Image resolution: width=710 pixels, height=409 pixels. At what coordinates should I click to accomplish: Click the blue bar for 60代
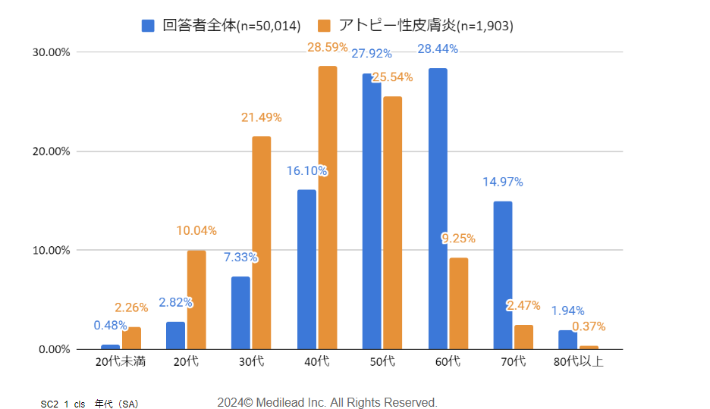coord(438,208)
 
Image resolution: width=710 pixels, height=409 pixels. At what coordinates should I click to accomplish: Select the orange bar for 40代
coord(328,208)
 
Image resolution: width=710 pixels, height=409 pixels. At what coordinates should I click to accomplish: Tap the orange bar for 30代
coord(262,242)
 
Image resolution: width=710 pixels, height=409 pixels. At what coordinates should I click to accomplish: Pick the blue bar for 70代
coord(503,275)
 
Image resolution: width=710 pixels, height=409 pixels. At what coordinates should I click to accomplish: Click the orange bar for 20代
coord(196,299)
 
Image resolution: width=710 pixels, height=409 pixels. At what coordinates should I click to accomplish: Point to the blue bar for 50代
coord(372,211)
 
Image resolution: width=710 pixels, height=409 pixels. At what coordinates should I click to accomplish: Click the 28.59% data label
coord(328,47)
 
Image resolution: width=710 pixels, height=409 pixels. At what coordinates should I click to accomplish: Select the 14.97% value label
coord(503,182)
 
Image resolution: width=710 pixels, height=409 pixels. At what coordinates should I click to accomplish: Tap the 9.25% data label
coord(458,239)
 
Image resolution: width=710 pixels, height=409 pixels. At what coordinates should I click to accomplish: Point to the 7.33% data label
coord(240,258)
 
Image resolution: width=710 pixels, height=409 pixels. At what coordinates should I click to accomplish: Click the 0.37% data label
coord(589,326)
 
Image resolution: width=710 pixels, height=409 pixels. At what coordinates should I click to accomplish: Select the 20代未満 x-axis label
coord(121,362)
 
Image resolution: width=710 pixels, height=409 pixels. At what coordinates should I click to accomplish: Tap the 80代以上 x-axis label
coord(579,362)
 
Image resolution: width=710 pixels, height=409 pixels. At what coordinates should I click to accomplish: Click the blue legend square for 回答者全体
coord(149,26)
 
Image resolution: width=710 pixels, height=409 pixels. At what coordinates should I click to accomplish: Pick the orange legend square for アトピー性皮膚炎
coord(325,26)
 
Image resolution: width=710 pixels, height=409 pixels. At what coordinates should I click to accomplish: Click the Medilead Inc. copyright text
coord(327,402)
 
